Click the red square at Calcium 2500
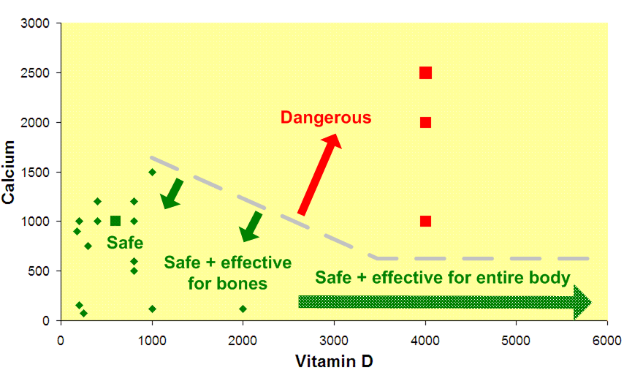[x=425, y=72]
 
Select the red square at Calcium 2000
[x=425, y=122]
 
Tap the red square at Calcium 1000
[x=425, y=221]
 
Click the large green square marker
[x=115, y=221]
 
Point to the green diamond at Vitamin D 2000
[x=243, y=309]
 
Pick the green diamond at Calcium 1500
[x=152, y=172]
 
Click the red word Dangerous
[x=326, y=117]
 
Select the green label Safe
[x=125, y=242]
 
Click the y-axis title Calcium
[x=9, y=173]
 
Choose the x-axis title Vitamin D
[x=334, y=360]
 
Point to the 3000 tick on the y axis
[x=36, y=23]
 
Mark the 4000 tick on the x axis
[x=425, y=339]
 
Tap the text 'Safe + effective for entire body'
[x=443, y=278]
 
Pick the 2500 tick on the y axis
[x=36, y=73]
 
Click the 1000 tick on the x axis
[x=152, y=339]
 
